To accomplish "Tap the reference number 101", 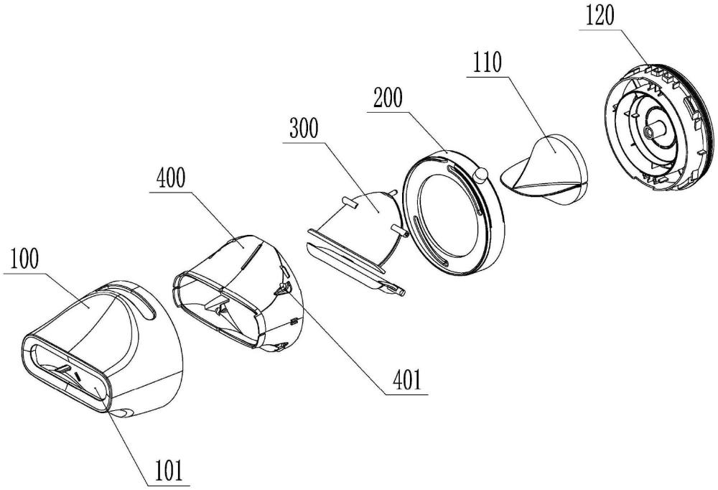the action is point(167,471).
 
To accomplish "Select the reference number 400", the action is point(172,178).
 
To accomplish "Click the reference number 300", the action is point(304,129).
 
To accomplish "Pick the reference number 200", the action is point(388,98).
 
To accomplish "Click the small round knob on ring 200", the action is point(481,175).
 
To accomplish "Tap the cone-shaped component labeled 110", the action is point(545,167).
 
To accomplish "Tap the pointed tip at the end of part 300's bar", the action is point(404,292).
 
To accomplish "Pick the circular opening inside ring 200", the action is point(448,215).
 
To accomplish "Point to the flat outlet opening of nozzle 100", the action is point(66,369).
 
